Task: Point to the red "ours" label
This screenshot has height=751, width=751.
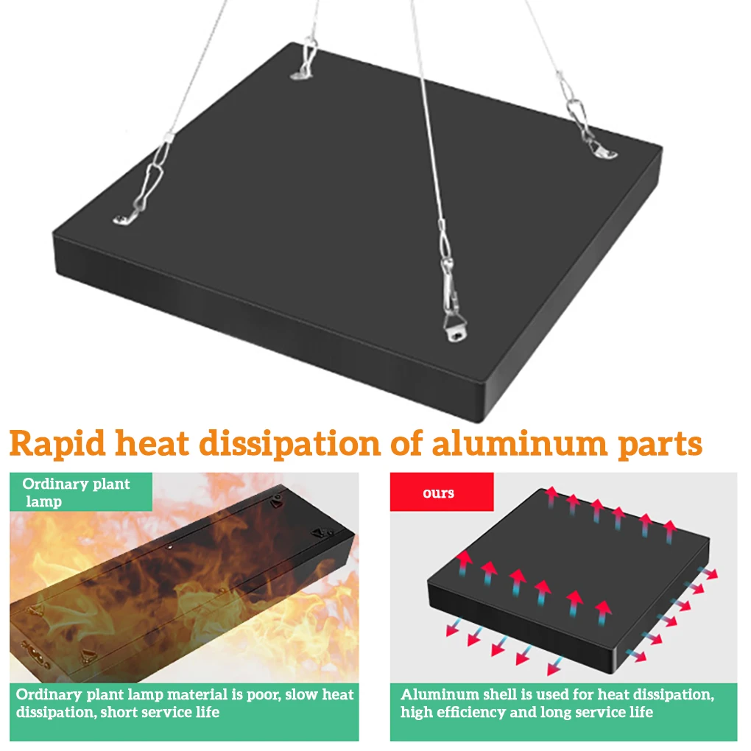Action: [x=439, y=493]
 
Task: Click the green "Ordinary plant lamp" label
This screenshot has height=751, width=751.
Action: [x=76, y=493]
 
